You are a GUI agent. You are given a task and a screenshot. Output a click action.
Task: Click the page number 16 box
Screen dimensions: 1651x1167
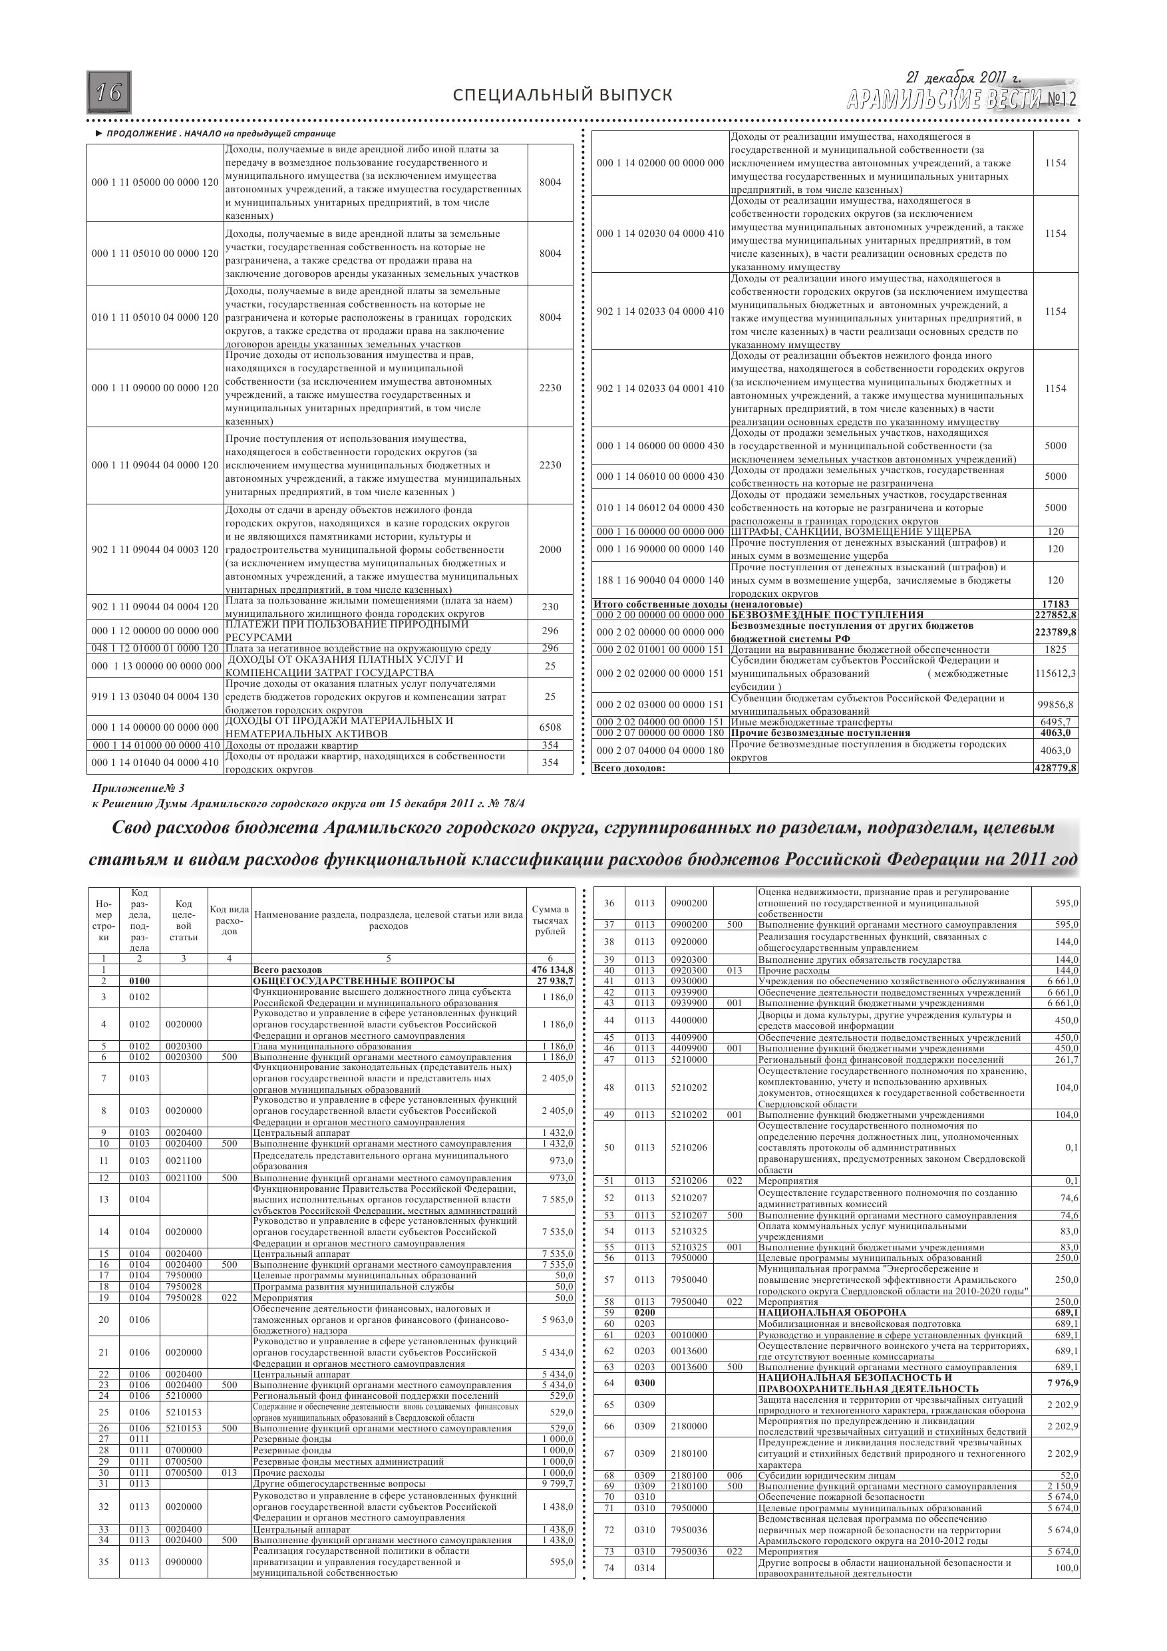pos(109,92)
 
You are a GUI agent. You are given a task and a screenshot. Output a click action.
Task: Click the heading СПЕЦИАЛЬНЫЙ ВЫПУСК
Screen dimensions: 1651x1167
pos(563,96)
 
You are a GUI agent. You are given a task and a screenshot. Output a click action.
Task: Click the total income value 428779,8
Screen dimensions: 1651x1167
pos(1055,768)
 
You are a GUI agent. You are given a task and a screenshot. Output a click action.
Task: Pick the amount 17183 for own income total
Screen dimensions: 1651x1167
pos(1055,604)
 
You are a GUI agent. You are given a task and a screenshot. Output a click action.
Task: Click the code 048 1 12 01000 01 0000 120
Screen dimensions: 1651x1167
pos(155,648)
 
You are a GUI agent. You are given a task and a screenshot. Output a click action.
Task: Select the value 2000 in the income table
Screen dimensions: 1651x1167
pos(550,550)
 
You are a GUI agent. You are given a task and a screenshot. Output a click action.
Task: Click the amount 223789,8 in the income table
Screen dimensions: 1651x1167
pos(1055,632)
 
